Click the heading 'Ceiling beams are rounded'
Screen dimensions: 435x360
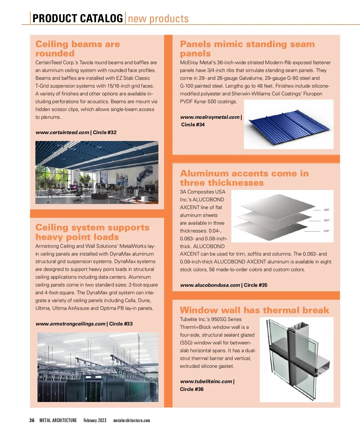[77, 49]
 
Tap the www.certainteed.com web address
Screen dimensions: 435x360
[62, 132]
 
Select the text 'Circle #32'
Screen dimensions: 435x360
[105, 132]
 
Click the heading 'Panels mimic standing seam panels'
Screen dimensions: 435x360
[247, 49]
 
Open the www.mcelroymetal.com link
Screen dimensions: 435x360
[210, 117]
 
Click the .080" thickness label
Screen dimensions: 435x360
[326, 210]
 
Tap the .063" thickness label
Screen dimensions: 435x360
[326, 220]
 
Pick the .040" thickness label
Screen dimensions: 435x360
[326, 231]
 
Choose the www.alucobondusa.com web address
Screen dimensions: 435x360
[210, 285]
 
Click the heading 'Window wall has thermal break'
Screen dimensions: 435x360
[254, 310]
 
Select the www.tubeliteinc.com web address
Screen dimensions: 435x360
[206, 381]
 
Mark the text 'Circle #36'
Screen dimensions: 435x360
[192, 389]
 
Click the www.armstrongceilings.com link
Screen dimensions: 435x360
[70, 324]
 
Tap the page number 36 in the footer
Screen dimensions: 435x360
[32, 420]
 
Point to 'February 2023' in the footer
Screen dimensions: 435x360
[95, 420]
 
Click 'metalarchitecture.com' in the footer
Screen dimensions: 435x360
[131, 420]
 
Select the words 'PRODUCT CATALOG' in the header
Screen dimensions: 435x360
[77, 18]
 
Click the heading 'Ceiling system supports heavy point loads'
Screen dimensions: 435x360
[92, 232]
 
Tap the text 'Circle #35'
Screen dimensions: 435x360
[256, 285]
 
